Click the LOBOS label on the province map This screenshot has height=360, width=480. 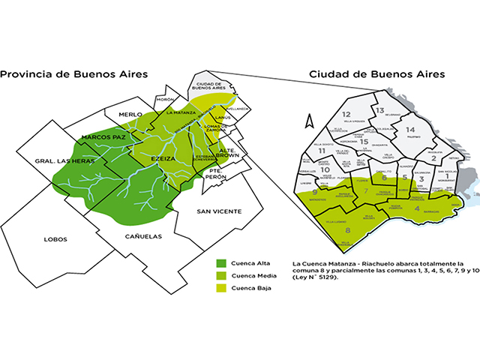pos(55,239)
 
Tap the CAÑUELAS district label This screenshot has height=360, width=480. pos(122,235)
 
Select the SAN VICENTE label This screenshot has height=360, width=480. pos(218,212)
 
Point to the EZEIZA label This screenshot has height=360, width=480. pos(163,160)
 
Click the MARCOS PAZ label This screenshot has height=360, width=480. pos(103,138)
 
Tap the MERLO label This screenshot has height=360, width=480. pos(119,114)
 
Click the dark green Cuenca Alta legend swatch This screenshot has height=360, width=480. pos(221,263)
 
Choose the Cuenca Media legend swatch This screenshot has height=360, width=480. pos(221,276)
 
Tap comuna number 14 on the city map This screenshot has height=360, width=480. pos(409,130)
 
